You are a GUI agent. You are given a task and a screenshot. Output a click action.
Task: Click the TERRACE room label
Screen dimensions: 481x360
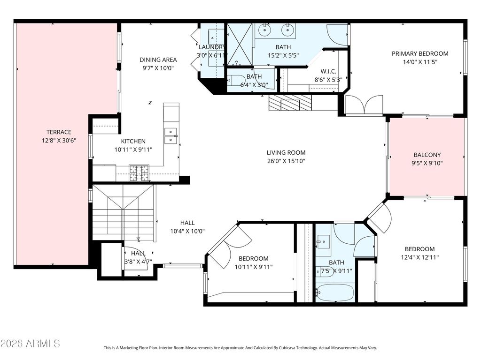(59, 132)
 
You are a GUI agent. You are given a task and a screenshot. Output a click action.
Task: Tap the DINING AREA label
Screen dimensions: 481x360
(158, 60)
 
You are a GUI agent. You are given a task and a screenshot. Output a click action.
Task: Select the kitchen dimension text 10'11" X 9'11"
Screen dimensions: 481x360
(133, 150)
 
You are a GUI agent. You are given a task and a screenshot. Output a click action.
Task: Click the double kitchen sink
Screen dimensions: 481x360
(171, 135)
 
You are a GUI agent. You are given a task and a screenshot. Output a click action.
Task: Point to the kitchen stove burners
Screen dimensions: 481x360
(139, 173)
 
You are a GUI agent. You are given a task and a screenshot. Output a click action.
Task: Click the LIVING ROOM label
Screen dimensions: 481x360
(286, 152)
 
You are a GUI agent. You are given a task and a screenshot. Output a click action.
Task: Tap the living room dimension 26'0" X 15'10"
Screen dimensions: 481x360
(286, 161)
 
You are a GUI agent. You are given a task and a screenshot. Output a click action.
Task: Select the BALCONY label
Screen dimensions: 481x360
(427, 155)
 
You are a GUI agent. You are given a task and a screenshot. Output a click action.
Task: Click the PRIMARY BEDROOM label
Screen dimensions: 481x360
(420, 53)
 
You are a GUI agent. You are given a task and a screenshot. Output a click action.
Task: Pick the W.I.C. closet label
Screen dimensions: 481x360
(328, 72)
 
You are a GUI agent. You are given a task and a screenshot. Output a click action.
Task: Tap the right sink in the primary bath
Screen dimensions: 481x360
(287, 30)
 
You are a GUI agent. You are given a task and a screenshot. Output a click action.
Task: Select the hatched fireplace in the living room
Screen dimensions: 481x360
(290, 103)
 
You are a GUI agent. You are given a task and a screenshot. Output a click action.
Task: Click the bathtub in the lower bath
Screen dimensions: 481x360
(334, 293)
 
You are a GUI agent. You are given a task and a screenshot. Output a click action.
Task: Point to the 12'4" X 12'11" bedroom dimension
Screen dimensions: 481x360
(419, 257)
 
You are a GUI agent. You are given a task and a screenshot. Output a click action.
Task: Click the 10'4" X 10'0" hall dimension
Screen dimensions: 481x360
(187, 232)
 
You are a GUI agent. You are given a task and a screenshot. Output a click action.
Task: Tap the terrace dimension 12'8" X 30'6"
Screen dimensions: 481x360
(59, 141)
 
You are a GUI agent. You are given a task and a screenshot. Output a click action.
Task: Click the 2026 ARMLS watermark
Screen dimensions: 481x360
(30, 344)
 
